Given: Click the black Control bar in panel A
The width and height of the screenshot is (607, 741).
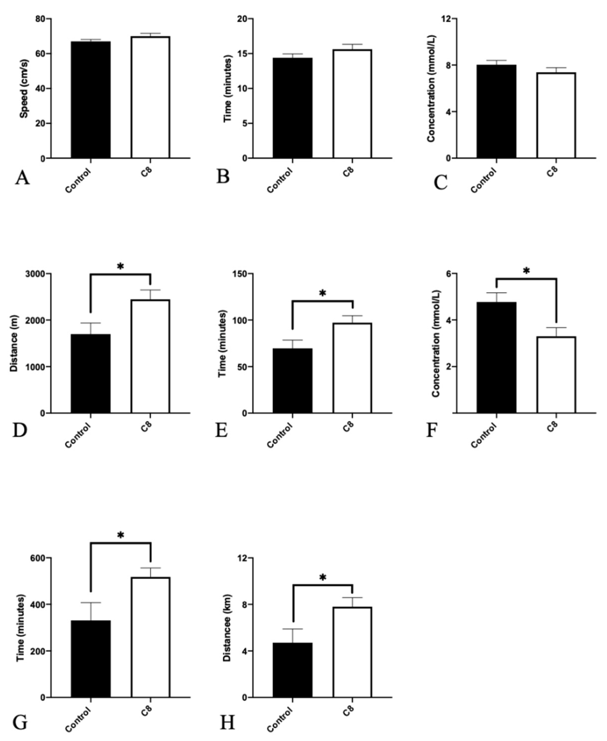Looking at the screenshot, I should point(91,100).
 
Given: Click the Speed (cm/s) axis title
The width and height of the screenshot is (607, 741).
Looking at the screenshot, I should point(24,88).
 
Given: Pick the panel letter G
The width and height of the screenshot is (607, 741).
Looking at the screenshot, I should point(20,721).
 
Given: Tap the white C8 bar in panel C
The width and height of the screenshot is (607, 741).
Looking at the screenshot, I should point(556,116).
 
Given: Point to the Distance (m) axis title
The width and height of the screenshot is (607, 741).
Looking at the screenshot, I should point(14,343).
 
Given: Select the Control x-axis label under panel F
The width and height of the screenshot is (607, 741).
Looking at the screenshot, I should point(484,436).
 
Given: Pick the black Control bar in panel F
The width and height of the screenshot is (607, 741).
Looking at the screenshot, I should point(496,358).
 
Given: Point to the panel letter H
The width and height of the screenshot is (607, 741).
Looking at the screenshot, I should point(227,721).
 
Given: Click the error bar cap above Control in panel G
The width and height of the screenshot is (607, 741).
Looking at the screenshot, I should point(91,602).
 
